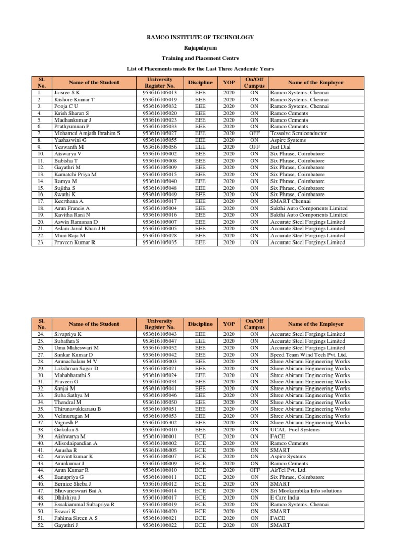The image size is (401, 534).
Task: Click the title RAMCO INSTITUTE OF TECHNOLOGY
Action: click(x=200, y=37)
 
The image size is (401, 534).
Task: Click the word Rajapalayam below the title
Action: click(x=200, y=47)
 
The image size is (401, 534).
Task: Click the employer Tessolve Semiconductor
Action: click(x=298, y=133)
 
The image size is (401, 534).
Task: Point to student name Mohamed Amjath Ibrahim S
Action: click(x=87, y=133)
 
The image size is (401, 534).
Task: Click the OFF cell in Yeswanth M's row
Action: click(x=254, y=147)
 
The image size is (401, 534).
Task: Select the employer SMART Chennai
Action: click(x=291, y=201)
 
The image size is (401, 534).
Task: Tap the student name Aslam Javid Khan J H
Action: click(x=80, y=228)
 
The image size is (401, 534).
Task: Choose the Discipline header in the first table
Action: click(x=200, y=82)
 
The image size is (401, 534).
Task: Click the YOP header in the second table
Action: click(x=229, y=324)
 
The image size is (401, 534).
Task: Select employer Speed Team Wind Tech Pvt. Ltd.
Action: click(x=308, y=355)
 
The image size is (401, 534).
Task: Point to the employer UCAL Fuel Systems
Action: click(x=296, y=429)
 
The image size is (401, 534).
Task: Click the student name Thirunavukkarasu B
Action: click(x=77, y=409)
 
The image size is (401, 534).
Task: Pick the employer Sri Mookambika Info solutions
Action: click(x=306, y=491)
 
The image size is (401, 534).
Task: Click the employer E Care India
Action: click(x=286, y=497)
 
